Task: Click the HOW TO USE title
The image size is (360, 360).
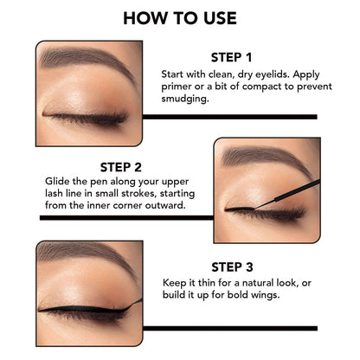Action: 180,16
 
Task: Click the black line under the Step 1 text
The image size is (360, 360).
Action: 229,116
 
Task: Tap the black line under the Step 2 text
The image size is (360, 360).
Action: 121,218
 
